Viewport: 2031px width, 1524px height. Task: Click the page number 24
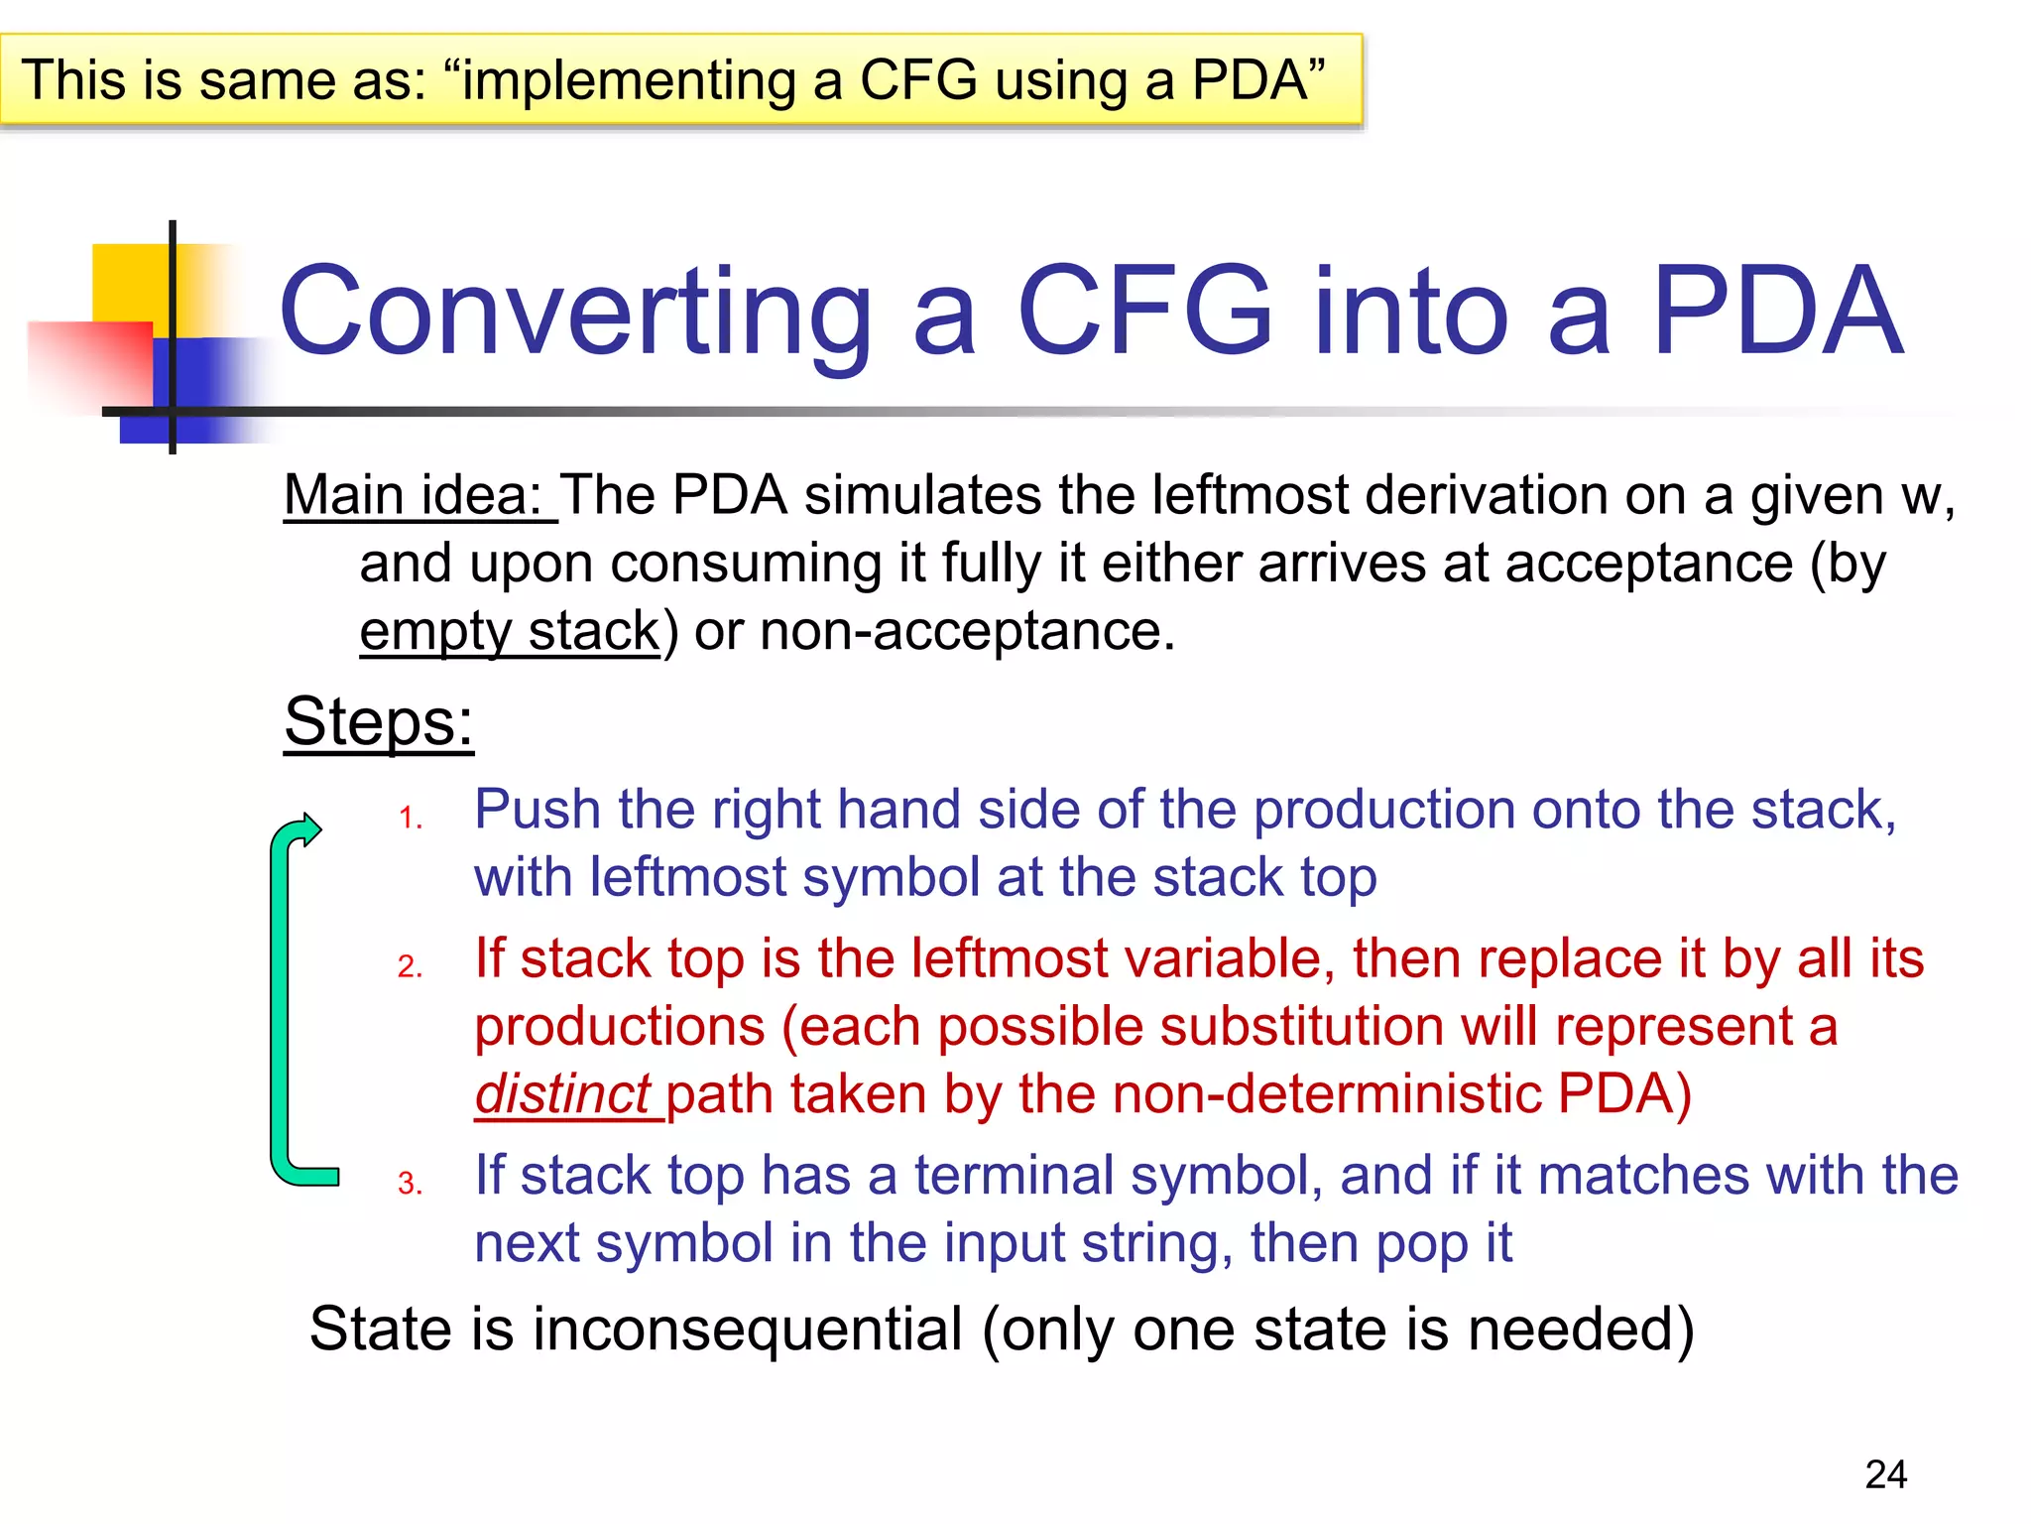(1885, 1474)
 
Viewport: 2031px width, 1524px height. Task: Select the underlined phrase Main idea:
(418, 495)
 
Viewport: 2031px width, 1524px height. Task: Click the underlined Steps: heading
(379, 721)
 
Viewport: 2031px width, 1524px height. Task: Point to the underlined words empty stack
(509, 631)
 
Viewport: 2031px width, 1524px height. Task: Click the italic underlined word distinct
(562, 1094)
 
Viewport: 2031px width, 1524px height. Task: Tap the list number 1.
(410, 819)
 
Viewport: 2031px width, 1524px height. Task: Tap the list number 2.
(410, 966)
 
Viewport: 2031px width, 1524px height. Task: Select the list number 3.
(410, 1184)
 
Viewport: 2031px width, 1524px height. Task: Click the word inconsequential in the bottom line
(748, 1330)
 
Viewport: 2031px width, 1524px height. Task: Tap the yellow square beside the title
(129, 283)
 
